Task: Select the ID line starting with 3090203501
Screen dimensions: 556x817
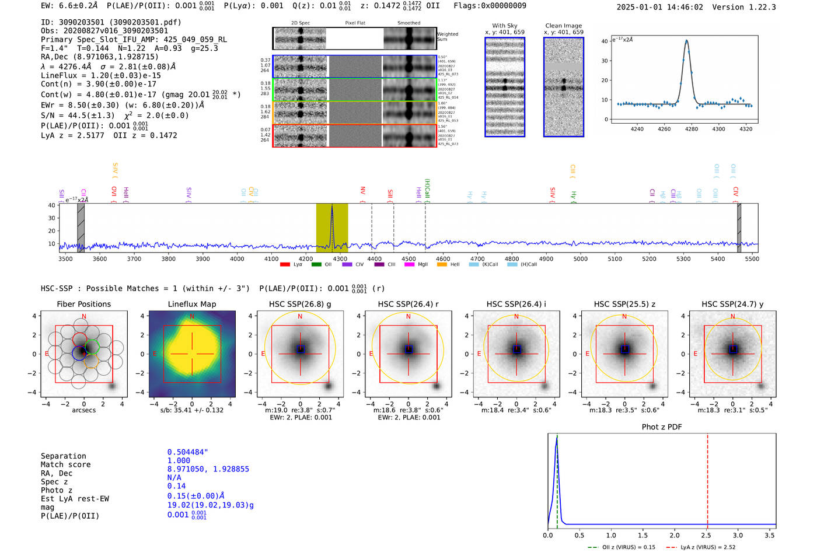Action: (111, 22)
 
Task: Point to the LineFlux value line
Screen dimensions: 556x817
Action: (100, 75)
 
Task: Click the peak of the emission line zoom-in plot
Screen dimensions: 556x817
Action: (686, 41)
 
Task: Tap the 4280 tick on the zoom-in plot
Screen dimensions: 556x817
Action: (692, 129)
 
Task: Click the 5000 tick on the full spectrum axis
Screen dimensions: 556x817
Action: (580, 259)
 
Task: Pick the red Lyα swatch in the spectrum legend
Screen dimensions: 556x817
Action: (285, 265)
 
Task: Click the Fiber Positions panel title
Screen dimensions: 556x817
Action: (83, 304)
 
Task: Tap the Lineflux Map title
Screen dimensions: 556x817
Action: (192, 304)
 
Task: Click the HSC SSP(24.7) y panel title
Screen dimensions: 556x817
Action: (732, 304)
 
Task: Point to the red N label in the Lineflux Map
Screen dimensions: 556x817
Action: (192, 317)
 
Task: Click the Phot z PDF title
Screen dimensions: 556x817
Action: (662, 427)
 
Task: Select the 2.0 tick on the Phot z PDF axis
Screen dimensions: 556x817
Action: (675, 535)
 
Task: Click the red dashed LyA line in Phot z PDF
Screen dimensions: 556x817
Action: (707, 478)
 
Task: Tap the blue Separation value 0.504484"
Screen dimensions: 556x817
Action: (187, 452)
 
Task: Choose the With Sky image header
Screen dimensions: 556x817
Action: (505, 26)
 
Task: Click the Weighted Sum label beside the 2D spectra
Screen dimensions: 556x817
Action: (448, 37)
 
